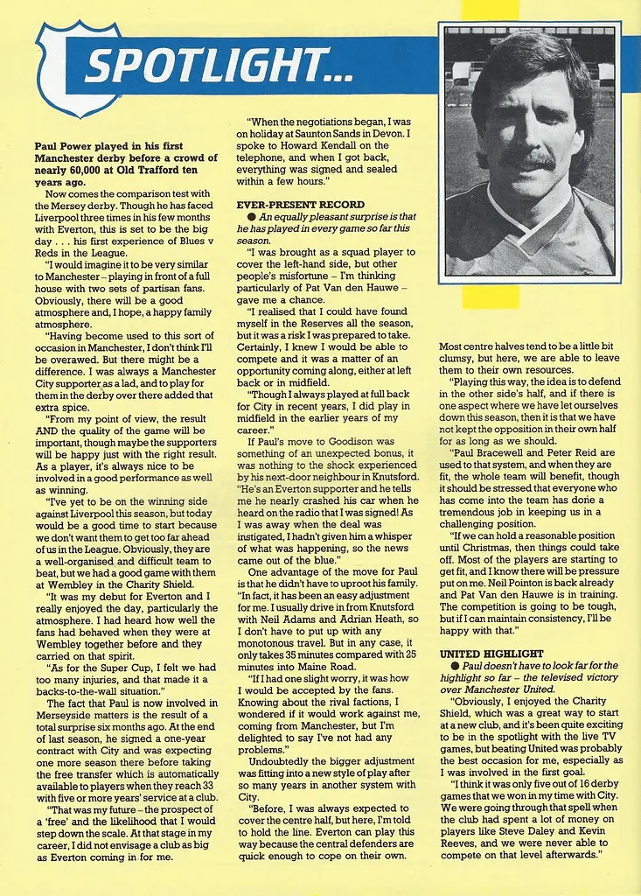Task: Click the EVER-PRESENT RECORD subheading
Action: [301, 204]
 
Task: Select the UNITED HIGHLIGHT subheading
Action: [491, 654]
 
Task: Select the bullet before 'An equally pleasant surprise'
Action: [252, 217]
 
